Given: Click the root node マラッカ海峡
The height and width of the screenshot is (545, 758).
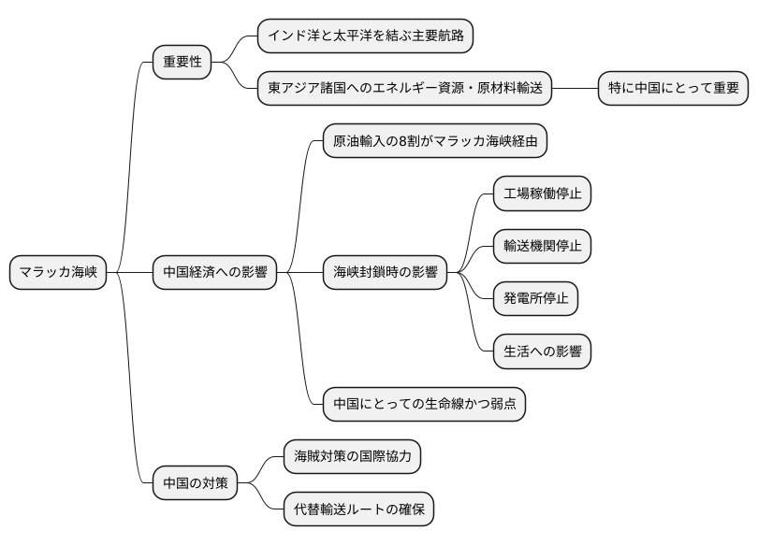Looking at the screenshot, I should [x=58, y=273].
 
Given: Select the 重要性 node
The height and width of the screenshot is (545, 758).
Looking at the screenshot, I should [x=182, y=63].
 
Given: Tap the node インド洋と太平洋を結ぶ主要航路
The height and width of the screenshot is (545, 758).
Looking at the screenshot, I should [x=365, y=36].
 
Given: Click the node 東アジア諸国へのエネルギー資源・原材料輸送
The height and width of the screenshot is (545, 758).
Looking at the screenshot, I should [x=405, y=89].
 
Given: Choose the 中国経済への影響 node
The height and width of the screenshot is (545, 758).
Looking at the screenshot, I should [x=214, y=273].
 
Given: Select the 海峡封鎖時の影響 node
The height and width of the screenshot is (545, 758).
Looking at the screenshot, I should [x=385, y=273].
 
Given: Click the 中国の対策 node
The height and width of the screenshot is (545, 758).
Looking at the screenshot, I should [x=195, y=483].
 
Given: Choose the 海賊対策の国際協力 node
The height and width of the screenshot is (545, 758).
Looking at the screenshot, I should [x=352, y=457].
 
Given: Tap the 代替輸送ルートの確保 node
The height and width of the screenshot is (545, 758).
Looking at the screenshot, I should [x=358, y=509].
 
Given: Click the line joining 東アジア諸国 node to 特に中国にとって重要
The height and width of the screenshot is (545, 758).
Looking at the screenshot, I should [x=576, y=89].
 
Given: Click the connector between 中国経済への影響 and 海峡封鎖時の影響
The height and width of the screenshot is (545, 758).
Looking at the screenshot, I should [x=299, y=273].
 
